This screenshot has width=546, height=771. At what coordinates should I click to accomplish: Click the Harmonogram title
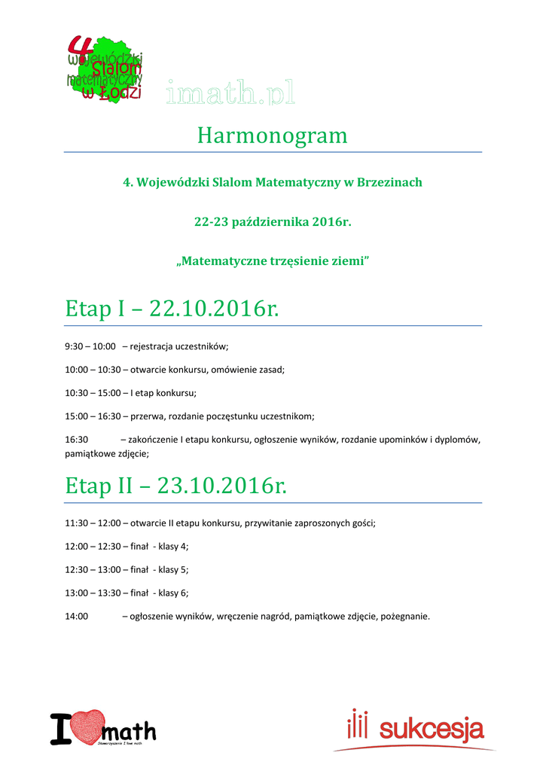coord(273,136)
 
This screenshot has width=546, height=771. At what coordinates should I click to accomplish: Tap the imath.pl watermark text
coord(230,93)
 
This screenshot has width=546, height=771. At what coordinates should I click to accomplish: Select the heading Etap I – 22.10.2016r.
coord(172,309)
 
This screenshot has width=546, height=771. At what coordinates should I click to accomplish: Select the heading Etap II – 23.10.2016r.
coord(176,486)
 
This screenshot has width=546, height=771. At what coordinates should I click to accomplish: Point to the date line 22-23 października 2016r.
coord(273,222)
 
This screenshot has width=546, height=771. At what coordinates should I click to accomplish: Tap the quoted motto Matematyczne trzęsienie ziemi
coord(273,261)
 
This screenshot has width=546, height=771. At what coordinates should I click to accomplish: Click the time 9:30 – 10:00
coord(90,346)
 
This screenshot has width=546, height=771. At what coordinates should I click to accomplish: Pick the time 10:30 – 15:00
coord(93,392)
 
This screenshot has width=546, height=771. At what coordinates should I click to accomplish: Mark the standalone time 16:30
coord(77,439)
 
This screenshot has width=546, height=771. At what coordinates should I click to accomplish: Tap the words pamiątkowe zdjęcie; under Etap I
coord(107,453)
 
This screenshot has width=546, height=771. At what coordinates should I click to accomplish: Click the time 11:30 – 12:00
coord(93,523)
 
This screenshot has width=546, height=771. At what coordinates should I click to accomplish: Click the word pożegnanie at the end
coord(405,616)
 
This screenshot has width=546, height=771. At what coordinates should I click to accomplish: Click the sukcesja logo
coord(416,728)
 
